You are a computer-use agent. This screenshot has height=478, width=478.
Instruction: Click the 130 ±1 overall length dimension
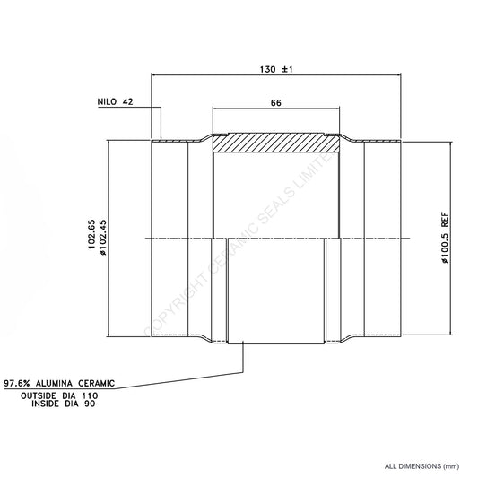pos(276,70)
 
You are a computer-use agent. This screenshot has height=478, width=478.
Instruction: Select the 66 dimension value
pos(276,103)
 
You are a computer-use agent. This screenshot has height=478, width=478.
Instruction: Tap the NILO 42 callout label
pos(115,102)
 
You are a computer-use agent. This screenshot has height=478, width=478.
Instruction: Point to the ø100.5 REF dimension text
pos(445,238)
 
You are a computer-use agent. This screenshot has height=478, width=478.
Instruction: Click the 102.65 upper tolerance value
pos(92,234)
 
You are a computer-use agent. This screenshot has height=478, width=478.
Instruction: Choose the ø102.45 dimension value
pos(103,238)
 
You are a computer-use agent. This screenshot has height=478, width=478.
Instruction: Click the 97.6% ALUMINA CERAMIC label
pos(59,384)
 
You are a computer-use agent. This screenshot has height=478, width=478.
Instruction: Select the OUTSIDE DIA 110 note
pos(59,396)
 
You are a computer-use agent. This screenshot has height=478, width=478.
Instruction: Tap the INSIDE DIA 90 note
pos(64,404)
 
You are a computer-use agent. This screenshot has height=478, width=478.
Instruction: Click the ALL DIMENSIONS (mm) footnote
pos(422,466)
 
